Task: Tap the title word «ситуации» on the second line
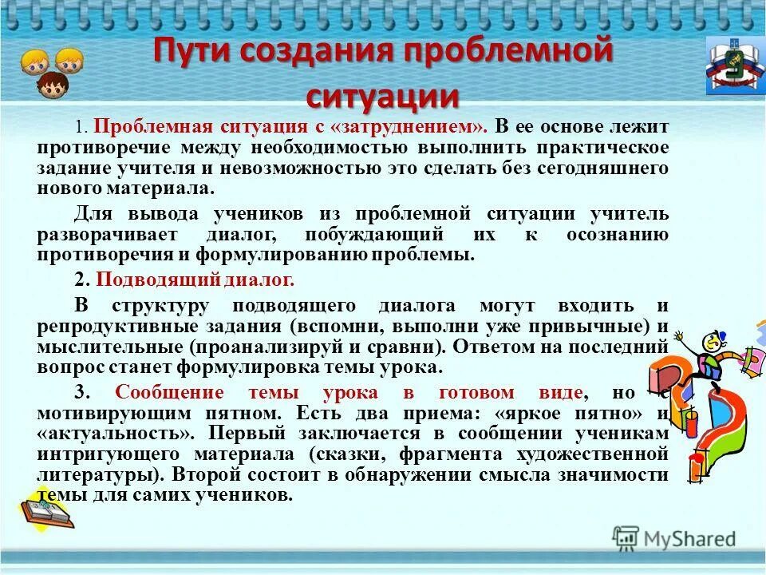click(x=383, y=97)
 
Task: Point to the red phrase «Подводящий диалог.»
click(x=195, y=280)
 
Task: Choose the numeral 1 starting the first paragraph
click(x=78, y=127)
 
